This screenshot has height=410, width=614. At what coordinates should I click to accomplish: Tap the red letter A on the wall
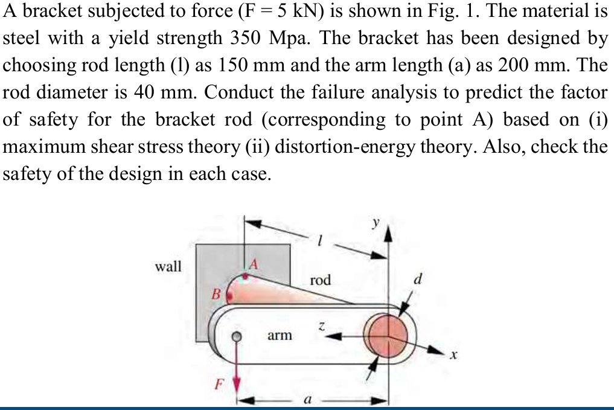coord(254,264)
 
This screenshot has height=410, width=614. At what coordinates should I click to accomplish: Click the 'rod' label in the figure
coord(320,280)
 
